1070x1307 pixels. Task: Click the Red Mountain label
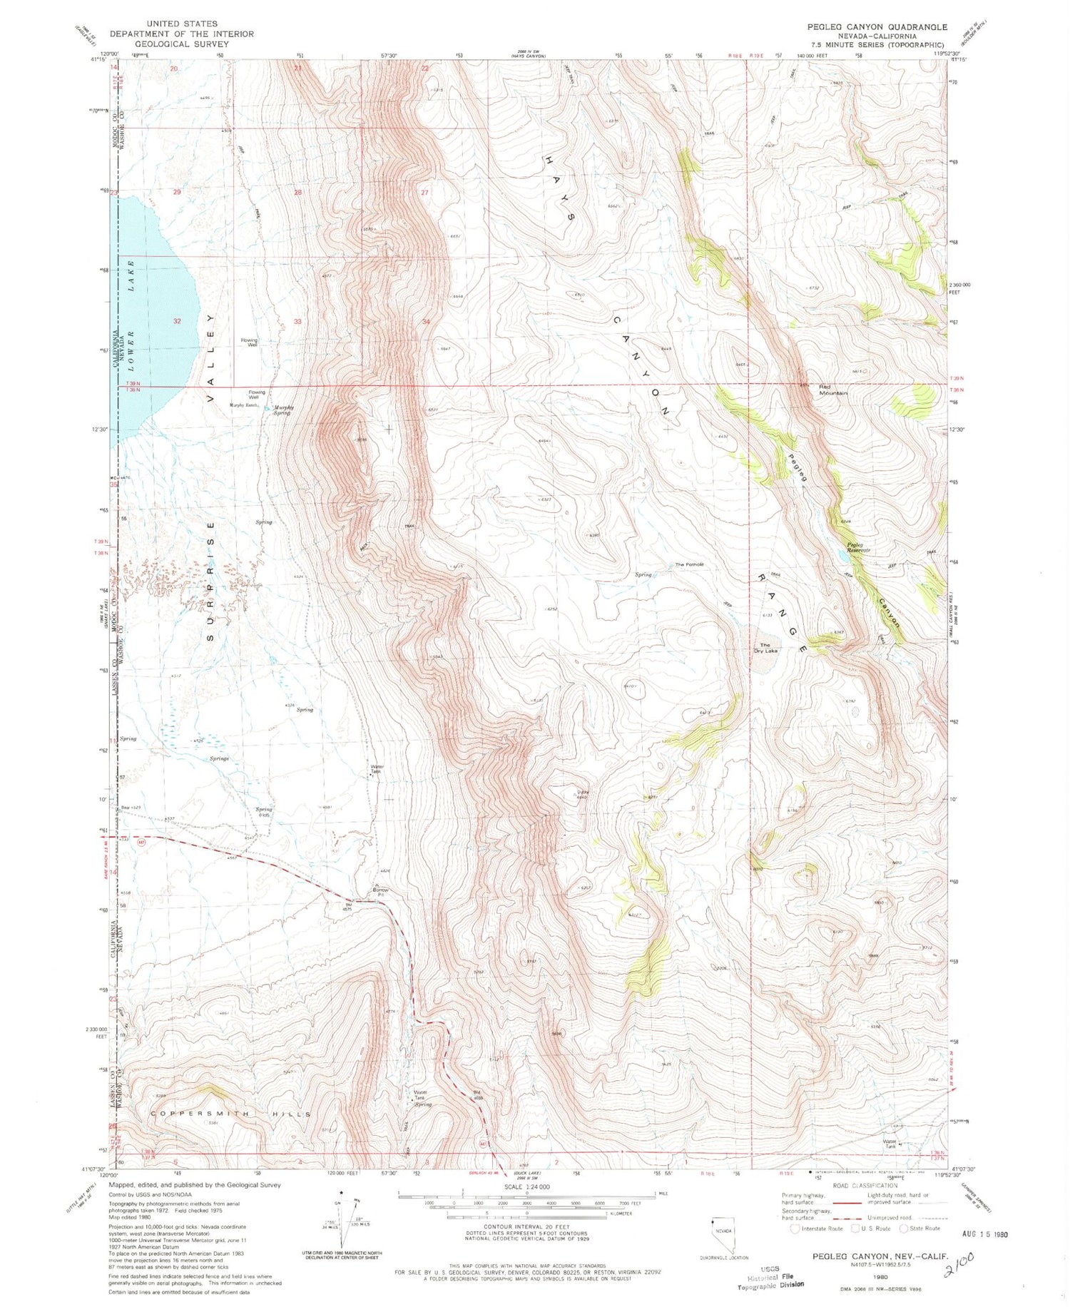[x=832, y=390]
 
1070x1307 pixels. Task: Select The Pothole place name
[x=689, y=564]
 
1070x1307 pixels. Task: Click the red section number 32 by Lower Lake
[x=177, y=321]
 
